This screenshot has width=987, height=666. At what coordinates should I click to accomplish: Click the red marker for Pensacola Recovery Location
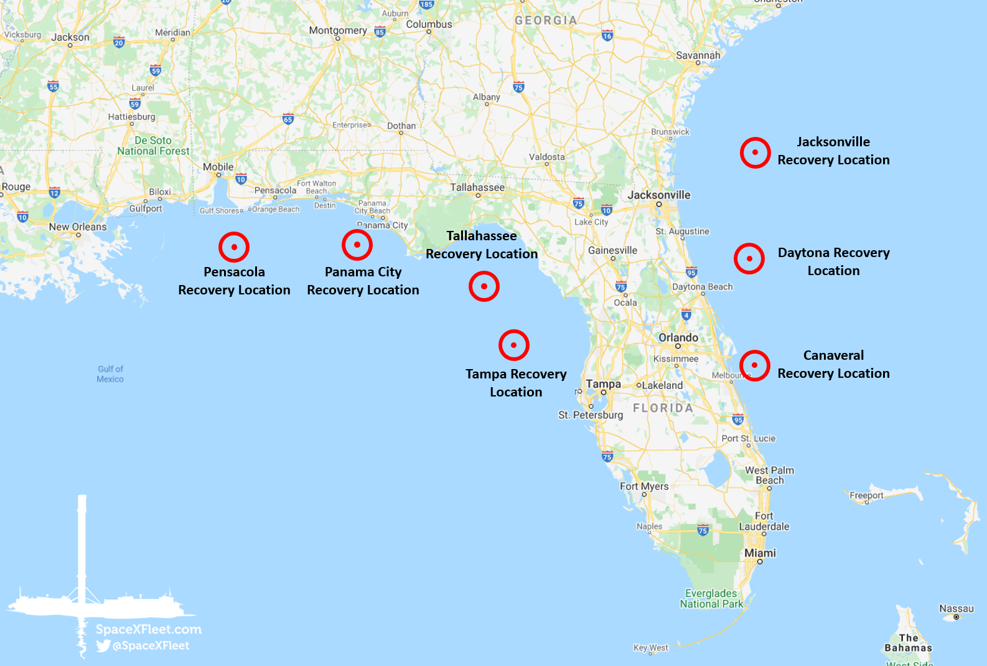(234, 247)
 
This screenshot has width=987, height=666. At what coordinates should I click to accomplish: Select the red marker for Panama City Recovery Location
(357, 245)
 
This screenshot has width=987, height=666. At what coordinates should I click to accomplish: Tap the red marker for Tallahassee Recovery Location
(484, 286)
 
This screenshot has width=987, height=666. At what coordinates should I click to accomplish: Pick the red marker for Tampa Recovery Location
(514, 345)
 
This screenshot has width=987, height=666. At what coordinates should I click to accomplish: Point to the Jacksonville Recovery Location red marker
(755, 152)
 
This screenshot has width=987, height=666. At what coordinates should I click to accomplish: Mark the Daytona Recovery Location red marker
(749, 258)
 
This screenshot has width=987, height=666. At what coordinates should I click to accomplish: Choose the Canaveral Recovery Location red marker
(755, 365)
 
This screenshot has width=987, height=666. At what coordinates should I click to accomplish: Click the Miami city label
(760, 553)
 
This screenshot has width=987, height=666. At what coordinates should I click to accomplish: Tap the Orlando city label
(678, 337)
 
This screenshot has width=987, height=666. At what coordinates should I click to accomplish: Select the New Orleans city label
(78, 227)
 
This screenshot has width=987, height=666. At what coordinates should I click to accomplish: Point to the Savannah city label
(698, 55)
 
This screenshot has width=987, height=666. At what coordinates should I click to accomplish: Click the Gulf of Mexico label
(110, 373)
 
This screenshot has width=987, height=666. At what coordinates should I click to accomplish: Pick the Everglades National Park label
(711, 598)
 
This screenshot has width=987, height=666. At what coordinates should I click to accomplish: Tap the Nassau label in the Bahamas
(957, 608)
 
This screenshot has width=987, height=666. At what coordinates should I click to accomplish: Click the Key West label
(650, 647)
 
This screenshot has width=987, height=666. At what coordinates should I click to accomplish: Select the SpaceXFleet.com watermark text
(148, 629)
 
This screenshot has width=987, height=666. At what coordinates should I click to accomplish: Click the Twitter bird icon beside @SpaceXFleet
(103, 645)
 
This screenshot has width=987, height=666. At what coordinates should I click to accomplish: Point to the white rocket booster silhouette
(82, 548)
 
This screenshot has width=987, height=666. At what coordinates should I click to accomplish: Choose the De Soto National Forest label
(153, 146)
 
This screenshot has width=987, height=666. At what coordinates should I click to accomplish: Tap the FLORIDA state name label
(663, 408)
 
